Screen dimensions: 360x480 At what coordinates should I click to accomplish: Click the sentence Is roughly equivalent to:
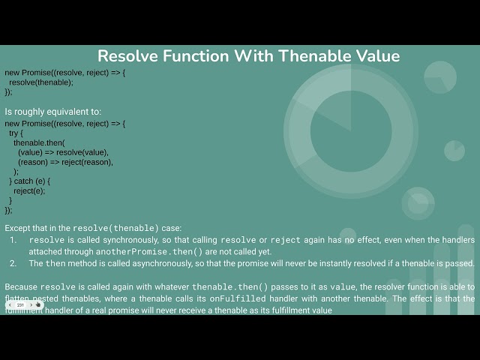coord(52,112)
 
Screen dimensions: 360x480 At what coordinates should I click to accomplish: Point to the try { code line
coord(16,133)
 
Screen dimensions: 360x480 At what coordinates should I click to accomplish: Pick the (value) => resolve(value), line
coord(63,152)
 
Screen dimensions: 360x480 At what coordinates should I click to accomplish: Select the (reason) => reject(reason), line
coord(65,162)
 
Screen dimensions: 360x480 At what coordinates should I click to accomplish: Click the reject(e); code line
coord(29,190)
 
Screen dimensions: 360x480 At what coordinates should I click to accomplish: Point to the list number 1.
coord(13,240)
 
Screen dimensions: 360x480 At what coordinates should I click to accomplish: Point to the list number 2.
coord(13,263)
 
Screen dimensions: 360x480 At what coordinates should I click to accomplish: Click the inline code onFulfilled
coord(239,298)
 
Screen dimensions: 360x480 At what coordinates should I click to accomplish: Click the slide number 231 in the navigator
coord(20,305)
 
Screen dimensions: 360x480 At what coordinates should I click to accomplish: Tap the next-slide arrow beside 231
coord(30,305)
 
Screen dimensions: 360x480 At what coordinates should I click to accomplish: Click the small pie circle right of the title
coord(440,76)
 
